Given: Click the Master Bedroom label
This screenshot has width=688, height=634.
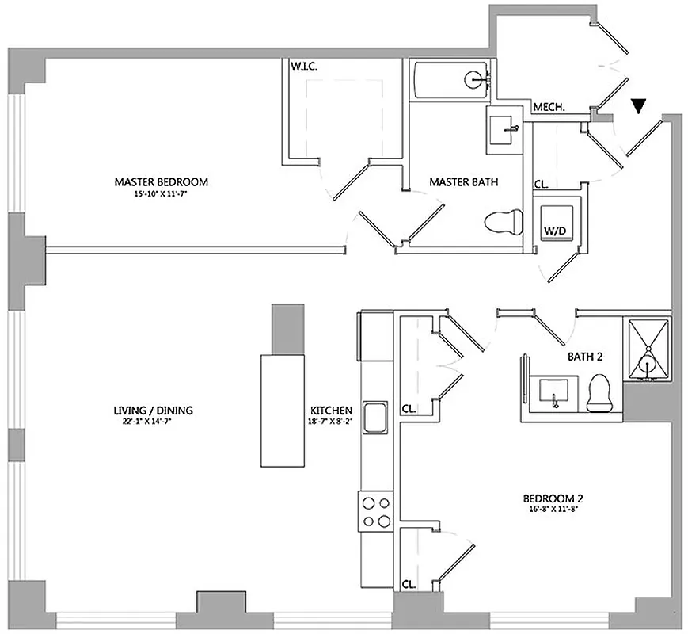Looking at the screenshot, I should coord(161,182).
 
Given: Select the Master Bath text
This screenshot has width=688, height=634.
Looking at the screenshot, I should coord(463,182).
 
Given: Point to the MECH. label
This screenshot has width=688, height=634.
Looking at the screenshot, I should coord(549,107).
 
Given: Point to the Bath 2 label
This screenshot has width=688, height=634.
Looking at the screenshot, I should coord(585,357).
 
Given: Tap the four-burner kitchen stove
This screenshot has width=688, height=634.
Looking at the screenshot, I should coord(375,511).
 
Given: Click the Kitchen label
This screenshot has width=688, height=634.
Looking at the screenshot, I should coord(331,410).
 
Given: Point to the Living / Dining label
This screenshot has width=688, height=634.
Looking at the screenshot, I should coord(154,410).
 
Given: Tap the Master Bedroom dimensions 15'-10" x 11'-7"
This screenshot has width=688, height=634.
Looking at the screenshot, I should coord(161,193).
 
